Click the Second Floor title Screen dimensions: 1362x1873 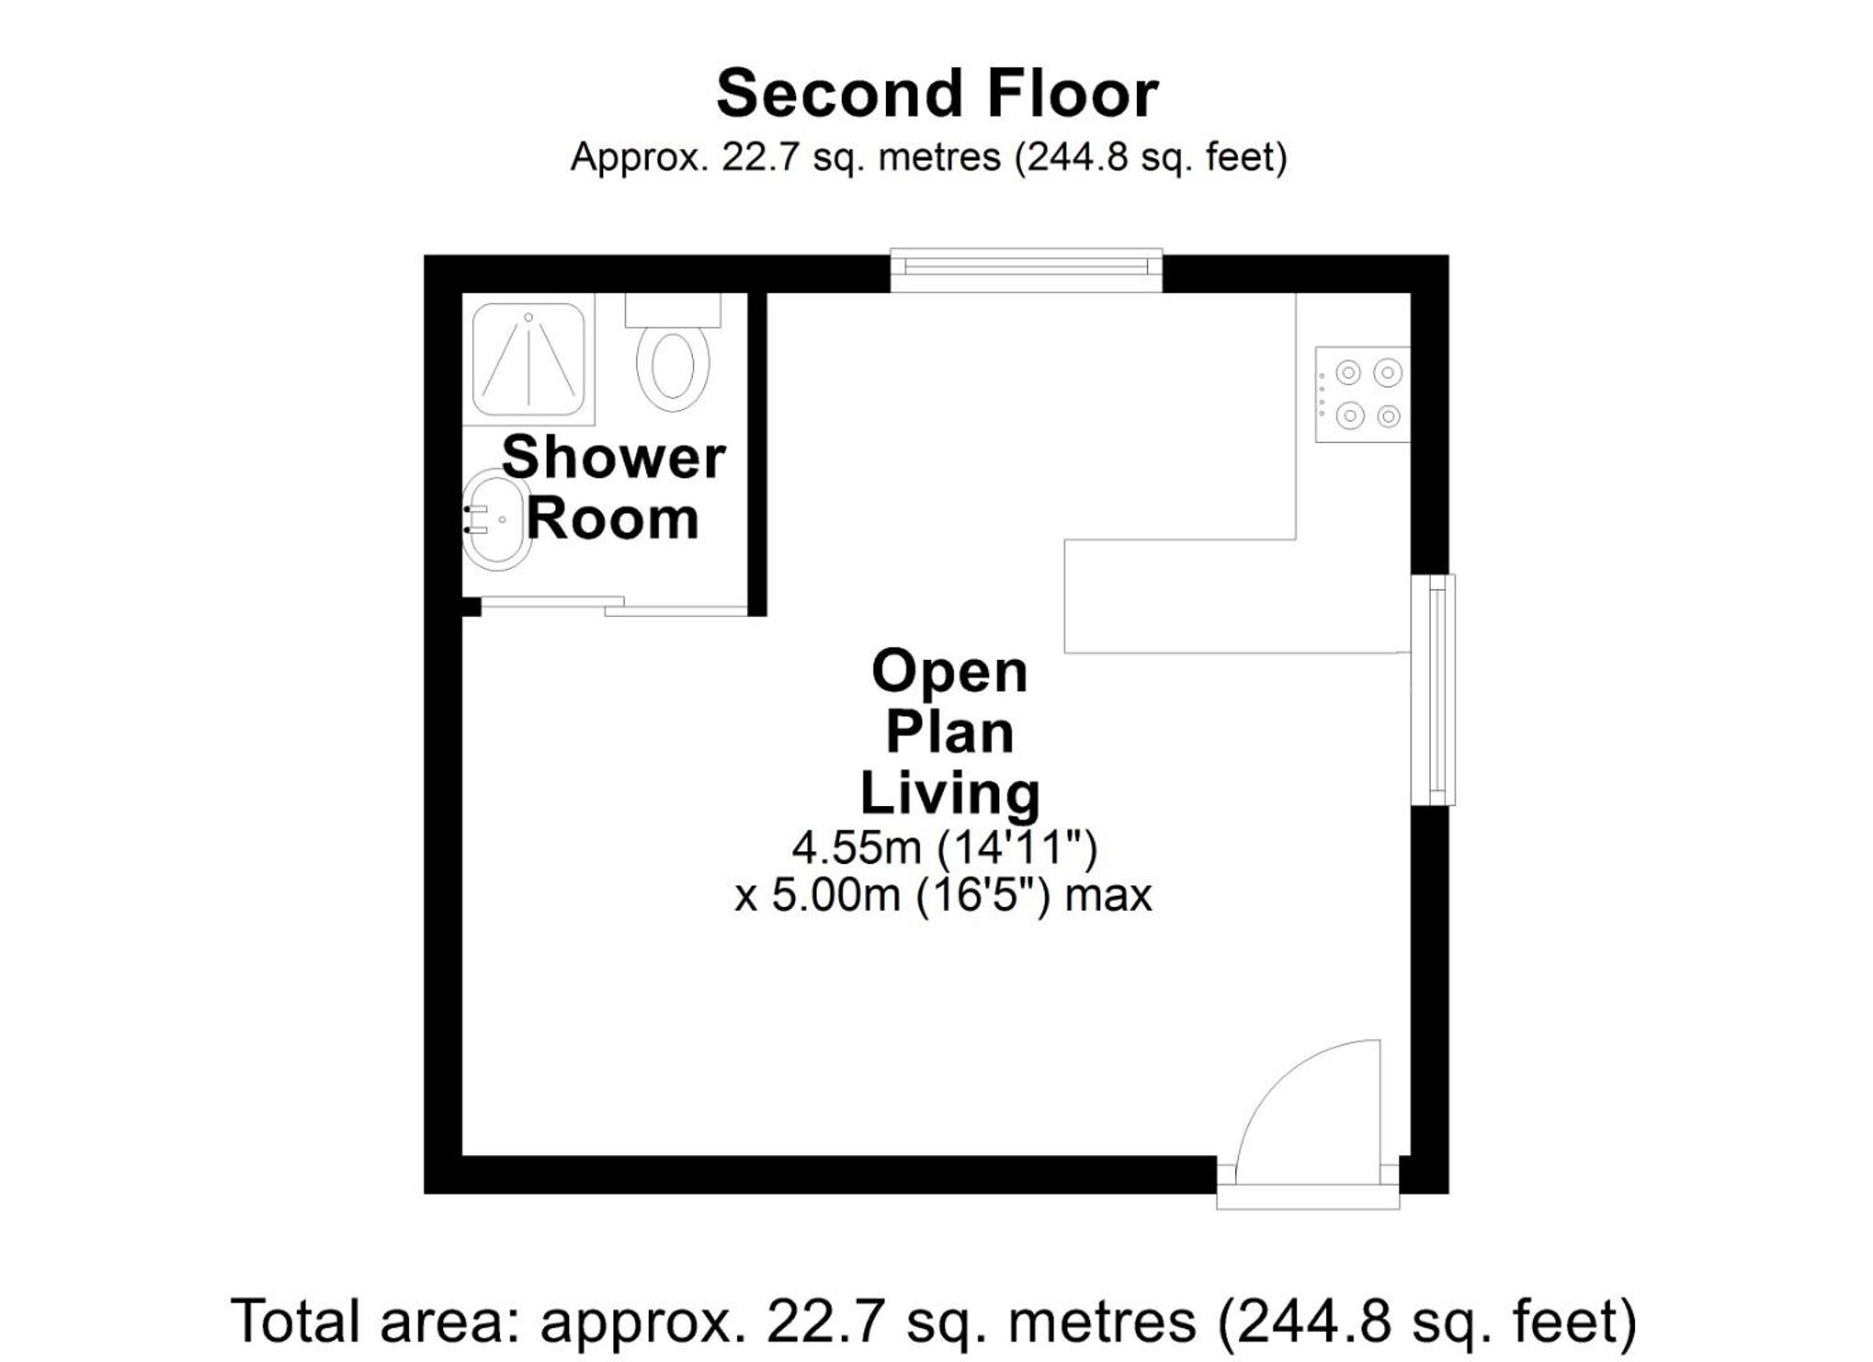pyautogui.click(x=936, y=94)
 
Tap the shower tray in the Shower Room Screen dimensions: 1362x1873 pyautogui.click(x=529, y=359)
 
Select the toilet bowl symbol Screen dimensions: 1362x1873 pyautogui.click(x=672, y=366)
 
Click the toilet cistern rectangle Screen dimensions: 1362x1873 pyautogui.click(x=672, y=310)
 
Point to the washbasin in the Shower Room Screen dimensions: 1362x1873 pyautogui.click(x=496, y=520)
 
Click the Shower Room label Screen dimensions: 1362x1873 pyautogui.click(x=613, y=487)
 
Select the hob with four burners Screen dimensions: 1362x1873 pyautogui.click(x=1363, y=394)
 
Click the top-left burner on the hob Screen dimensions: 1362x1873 pyautogui.click(x=1348, y=373)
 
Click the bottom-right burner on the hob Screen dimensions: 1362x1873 pyautogui.click(x=1388, y=416)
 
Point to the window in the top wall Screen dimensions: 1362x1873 pyautogui.click(x=1026, y=270)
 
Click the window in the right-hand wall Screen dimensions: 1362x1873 pyautogui.click(x=1433, y=690)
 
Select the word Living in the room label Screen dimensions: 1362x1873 pyautogui.click(x=950, y=793)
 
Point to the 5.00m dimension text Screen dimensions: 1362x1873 pyautogui.click(x=835, y=896)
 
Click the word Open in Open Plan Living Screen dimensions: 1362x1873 pyautogui.click(x=950, y=671)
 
